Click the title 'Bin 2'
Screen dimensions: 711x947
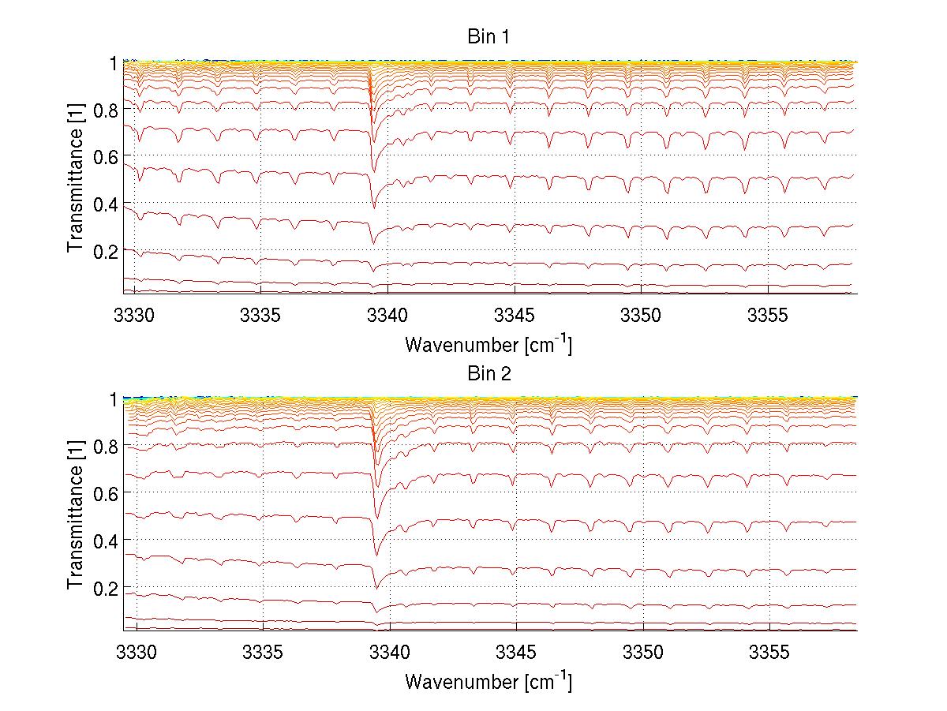pos(489,373)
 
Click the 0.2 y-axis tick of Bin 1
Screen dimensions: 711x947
pos(106,251)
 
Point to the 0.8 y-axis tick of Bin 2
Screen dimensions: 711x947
pos(106,447)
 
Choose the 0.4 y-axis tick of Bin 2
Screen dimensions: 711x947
pos(106,541)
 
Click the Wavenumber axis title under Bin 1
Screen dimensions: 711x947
pos(488,344)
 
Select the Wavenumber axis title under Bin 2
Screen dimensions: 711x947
pos(488,681)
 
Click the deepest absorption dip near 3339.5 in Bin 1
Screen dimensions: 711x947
pos(374,207)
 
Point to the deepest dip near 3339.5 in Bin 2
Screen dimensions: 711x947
pos(376,586)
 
